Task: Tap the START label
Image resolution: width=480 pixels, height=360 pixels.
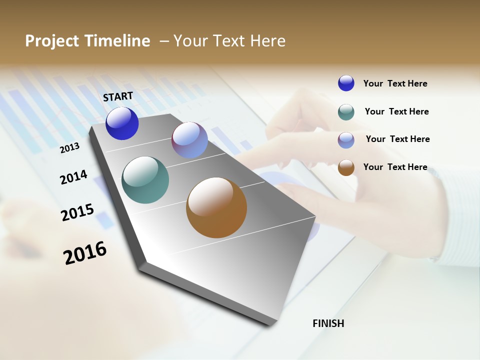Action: (118, 96)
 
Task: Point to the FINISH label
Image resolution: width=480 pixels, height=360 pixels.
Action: (328, 323)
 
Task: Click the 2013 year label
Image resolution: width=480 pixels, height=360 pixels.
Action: (69, 147)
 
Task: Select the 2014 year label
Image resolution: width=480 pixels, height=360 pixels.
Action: (73, 177)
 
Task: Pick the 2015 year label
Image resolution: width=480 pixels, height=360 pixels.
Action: (77, 212)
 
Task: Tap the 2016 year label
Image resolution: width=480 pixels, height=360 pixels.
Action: (85, 252)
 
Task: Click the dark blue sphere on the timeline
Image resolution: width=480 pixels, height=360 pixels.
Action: (122, 123)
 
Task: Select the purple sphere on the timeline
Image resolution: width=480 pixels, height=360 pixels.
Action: (189, 140)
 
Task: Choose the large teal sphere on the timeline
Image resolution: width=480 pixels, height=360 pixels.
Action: (145, 180)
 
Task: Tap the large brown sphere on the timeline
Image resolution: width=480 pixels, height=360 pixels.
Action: (216, 207)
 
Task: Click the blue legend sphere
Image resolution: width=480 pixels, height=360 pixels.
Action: (346, 83)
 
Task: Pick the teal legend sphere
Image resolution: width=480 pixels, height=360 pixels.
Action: (346, 112)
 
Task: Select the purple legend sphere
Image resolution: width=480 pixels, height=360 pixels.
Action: (346, 140)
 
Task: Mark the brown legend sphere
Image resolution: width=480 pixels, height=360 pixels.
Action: (346, 167)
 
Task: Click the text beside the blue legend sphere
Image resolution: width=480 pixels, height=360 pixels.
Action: (395, 83)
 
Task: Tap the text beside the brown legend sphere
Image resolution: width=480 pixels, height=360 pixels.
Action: (395, 167)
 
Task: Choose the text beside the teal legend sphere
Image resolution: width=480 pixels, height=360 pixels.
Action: (396, 111)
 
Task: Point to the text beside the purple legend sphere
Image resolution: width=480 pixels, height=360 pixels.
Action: (397, 139)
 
